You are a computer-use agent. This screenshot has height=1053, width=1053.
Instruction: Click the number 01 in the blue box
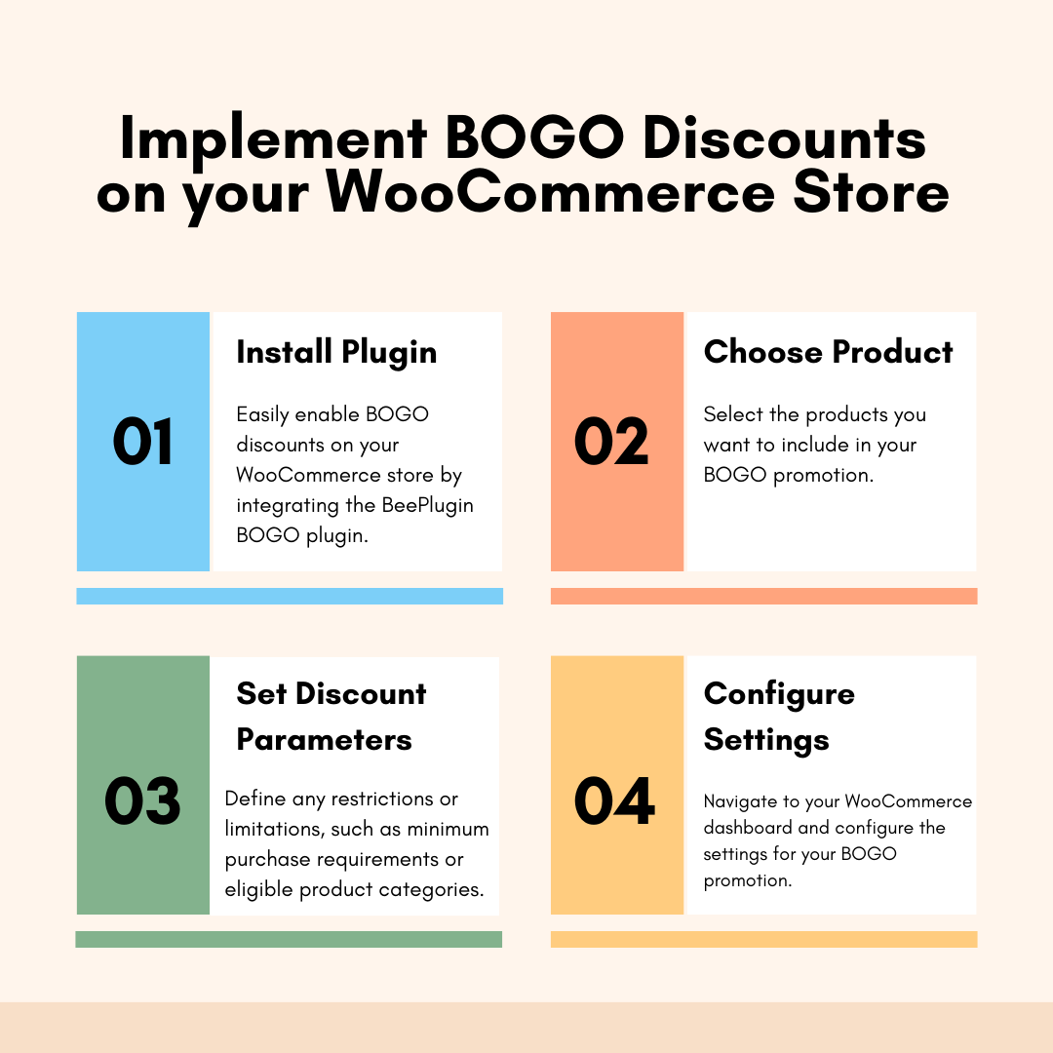tap(142, 442)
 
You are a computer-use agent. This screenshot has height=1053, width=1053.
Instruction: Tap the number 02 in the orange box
tap(611, 442)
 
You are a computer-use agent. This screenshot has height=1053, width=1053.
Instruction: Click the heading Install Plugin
tap(336, 353)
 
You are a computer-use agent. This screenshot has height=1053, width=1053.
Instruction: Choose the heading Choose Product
tap(828, 352)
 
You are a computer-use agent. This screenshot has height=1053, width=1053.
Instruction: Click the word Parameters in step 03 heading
tap(325, 740)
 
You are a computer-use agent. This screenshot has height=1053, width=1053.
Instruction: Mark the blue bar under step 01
tap(290, 597)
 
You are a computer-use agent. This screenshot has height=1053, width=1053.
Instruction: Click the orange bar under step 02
tap(763, 597)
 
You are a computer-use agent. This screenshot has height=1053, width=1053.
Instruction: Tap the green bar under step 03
tap(289, 939)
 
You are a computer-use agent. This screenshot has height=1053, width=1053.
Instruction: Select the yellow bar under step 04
tap(763, 939)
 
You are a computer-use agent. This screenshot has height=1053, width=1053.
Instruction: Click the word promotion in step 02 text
tap(823, 476)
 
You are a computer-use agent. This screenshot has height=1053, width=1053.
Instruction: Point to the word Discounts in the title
tap(784, 138)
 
